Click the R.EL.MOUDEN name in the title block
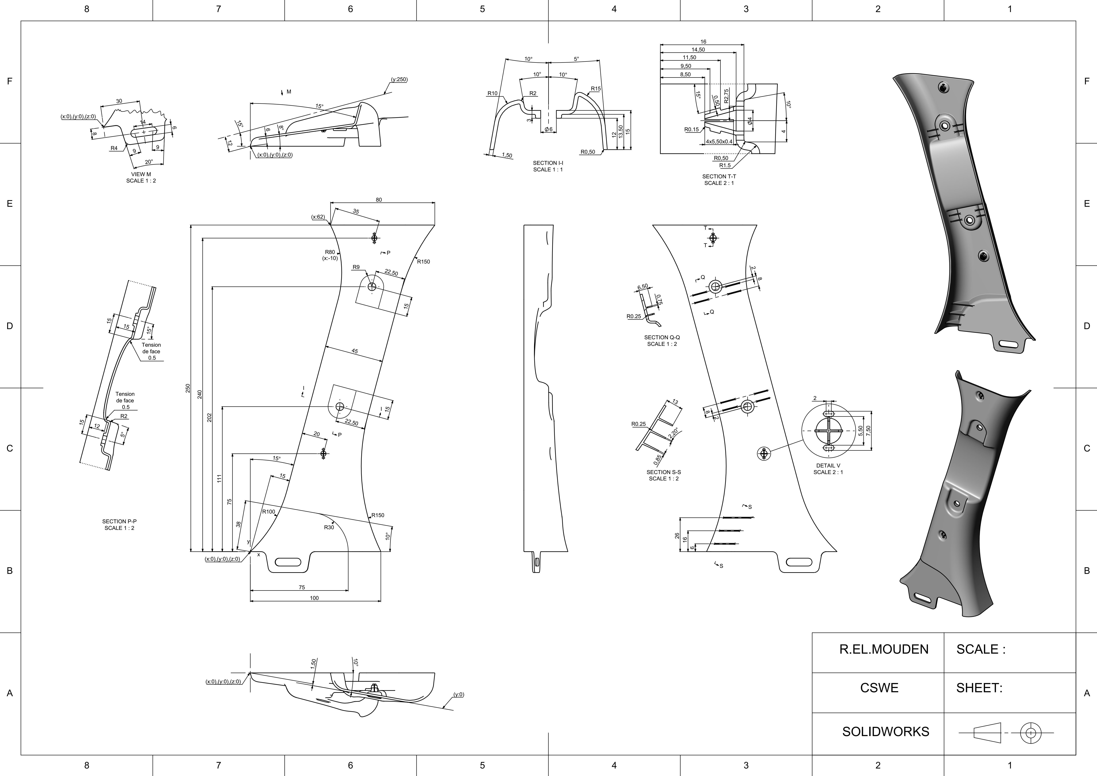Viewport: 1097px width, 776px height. pos(884,649)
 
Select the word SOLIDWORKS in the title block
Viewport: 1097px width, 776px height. pos(885,731)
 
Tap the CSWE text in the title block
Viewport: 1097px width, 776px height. pos(879,688)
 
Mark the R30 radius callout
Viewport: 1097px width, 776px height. pos(329,527)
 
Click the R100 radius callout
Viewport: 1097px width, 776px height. pos(269,512)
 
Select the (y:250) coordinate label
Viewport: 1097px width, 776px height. pos(399,79)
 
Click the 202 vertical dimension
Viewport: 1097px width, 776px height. pos(209,417)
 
